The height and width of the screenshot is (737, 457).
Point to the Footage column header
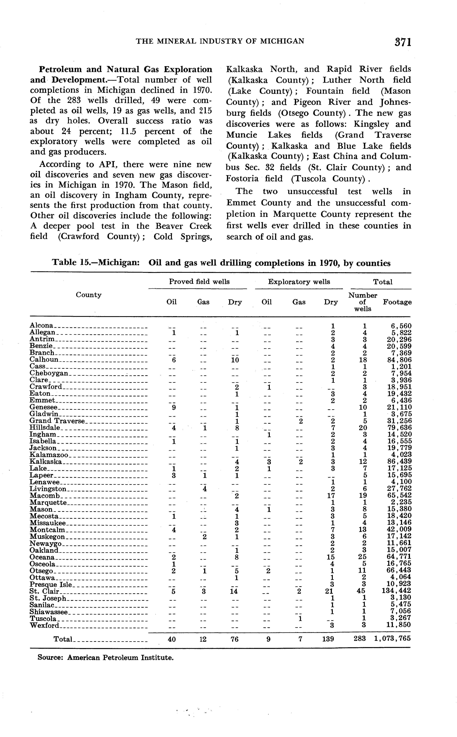397,302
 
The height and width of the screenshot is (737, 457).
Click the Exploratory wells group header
299,282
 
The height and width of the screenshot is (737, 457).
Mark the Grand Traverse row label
57,421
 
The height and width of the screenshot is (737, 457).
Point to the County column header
89,295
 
